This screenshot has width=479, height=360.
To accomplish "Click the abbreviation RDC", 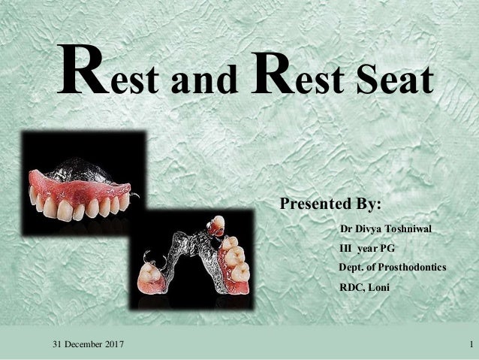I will (x=352, y=287).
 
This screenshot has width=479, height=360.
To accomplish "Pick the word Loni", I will (x=379, y=287).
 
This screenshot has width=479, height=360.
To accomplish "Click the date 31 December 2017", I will (x=89, y=344).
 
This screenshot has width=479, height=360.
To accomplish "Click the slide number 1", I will (x=468, y=344).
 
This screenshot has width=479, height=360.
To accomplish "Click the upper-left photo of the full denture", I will (x=83, y=177).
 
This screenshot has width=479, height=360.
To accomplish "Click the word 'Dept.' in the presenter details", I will (x=352, y=267).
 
